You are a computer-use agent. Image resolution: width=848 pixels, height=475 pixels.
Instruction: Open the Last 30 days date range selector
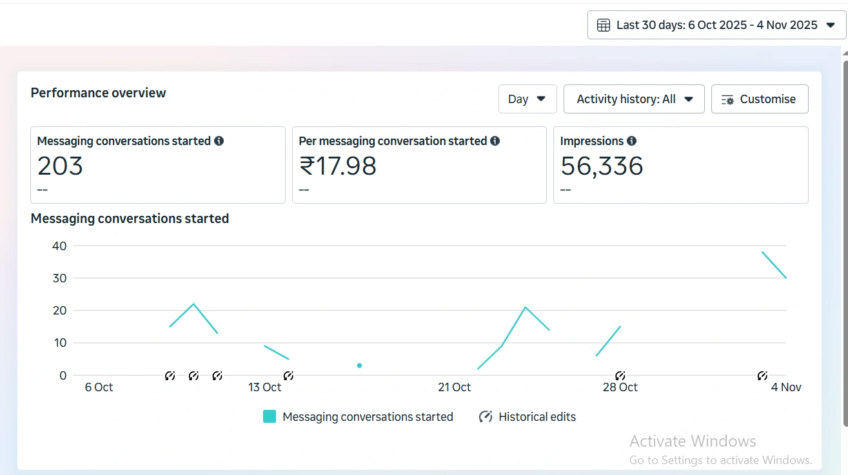(716, 25)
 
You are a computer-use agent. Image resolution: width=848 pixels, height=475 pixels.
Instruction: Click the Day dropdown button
(527, 99)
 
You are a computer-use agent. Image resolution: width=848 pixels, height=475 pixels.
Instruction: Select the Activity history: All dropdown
(634, 99)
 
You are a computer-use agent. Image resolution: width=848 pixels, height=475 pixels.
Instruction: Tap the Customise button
(759, 99)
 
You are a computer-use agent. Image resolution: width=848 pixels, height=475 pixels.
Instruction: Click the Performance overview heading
(98, 93)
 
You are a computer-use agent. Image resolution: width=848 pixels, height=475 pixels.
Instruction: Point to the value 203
(60, 166)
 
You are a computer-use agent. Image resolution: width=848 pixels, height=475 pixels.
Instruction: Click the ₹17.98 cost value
(337, 166)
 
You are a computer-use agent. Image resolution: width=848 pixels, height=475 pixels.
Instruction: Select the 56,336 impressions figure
(602, 166)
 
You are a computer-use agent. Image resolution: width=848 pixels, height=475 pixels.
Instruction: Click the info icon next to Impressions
(631, 141)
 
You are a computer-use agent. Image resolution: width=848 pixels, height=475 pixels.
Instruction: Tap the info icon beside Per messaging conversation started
(495, 141)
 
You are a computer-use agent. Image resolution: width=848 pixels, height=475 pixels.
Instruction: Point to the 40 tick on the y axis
(59, 246)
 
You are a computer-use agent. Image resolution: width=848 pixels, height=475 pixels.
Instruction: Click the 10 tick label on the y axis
(59, 343)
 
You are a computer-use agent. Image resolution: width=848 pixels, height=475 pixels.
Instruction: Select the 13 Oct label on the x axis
(264, 387)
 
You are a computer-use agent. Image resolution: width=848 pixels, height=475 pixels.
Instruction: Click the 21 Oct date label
(454, 387)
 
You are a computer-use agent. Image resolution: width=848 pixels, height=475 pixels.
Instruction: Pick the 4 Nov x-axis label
(786, 387)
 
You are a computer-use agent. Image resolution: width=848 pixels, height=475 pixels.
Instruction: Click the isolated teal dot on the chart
(359, 365)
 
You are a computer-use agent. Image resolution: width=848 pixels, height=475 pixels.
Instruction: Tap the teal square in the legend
(270, 417)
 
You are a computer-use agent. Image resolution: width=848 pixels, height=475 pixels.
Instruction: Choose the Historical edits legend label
(537, 417)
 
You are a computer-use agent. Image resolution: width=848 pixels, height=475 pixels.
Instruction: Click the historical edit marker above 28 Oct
(620, 375)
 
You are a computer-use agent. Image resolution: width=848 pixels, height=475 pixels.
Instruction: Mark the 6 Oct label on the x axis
(99, 387)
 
